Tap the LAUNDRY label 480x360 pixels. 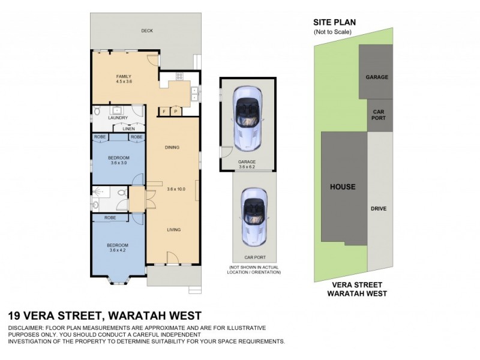tap(118, 118)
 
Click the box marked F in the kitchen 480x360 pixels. tap(164, 112)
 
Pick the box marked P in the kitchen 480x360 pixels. tap(176, 112)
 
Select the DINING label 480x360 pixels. tap(172, 148)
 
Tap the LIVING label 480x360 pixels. tap(173, 230)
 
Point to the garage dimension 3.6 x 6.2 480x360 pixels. tap(247, 167)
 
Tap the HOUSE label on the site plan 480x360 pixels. tap(343, 187)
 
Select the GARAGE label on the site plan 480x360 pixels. tap(377, 77)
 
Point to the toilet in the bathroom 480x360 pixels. tap(122, 193)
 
